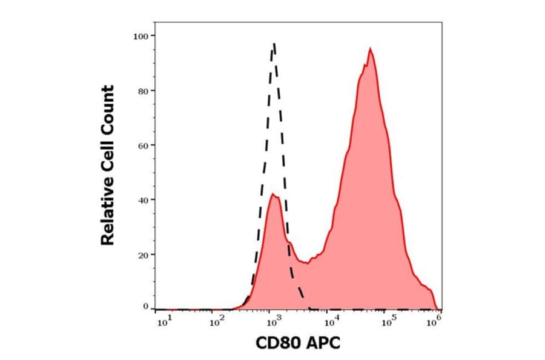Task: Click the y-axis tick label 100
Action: point(140,36)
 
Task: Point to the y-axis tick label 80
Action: point(142,91)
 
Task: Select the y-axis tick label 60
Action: point(142,145)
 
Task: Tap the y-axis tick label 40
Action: point(142,199)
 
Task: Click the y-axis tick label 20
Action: point(142,254)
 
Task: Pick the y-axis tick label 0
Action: point(145,307)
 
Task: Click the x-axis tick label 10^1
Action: point(163,322)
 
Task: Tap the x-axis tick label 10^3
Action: point(271,322)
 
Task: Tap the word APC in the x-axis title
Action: point(323,343)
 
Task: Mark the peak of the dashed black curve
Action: point(274,44)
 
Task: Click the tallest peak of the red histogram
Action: point(369,49)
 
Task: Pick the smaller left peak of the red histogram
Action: point(274,195)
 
